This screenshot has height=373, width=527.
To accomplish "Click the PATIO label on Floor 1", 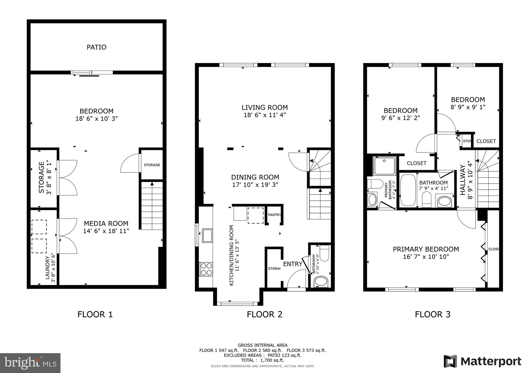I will [x=96, y=47].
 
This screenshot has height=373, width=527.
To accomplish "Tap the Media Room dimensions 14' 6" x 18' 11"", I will [x=106, y=231].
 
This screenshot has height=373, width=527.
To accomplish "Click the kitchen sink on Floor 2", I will [x=207, y=235].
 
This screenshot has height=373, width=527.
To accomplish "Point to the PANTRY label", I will [x=274, y=215].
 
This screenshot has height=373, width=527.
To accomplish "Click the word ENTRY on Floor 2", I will [x=293, y=264].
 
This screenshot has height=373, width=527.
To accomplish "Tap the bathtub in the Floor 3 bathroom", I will [x=408, y=190].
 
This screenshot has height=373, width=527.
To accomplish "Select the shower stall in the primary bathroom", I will [x=384, y=166].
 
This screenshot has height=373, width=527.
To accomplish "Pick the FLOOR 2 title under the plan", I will [x=265, y=315].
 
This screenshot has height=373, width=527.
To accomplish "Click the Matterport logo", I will [x=482, y=361].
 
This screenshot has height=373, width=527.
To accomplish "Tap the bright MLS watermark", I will [x=30, y=363].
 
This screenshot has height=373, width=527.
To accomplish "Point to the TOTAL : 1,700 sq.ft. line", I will [x=262, y=360].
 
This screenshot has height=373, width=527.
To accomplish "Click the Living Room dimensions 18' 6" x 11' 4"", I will [x=265, y=115].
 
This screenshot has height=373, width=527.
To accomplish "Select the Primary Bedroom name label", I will [x=426, y=249].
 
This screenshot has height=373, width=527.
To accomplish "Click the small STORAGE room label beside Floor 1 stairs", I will [x=152, y=165].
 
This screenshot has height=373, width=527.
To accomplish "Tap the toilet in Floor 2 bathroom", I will [x=324, y=253].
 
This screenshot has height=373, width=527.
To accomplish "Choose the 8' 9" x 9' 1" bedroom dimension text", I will [x=468, y=107].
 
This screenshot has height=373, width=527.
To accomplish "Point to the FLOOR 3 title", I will [x=433, y=315].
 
